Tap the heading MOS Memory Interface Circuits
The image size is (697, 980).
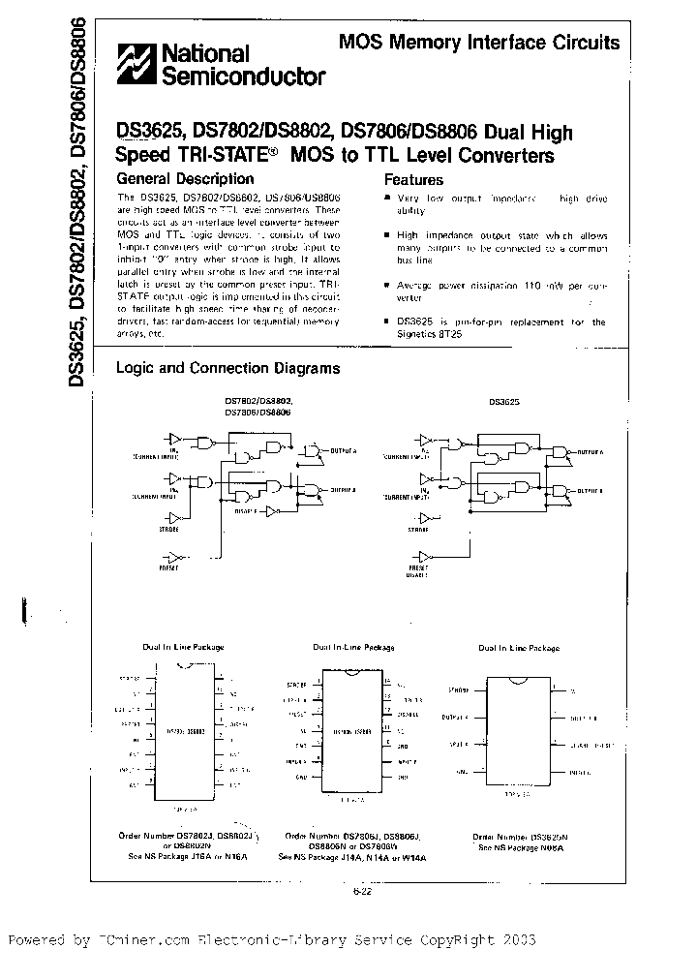pyautogui.click(x=478, y=43)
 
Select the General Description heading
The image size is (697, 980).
pyautogui.click(x=184, y=178)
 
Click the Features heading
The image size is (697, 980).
pyautogui.click(x=413, y=179)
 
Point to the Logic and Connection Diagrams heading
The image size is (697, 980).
pyautogui.click(x=227, y=368)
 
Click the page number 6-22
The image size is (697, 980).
pyautogui.click(x=362, y=893)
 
